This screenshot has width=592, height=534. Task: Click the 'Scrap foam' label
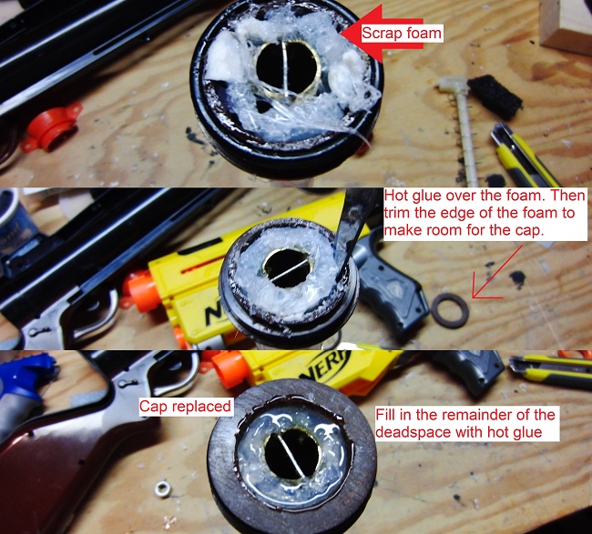click(402, 33)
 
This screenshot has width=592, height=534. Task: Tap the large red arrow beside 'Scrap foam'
click(382, 34)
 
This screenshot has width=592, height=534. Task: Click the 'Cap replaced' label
click(185, 407)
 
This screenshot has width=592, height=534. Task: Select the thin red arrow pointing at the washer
click(497, 272)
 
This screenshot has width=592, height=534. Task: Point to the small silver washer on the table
click(163, 489)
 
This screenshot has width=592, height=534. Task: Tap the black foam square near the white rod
click(495, 97)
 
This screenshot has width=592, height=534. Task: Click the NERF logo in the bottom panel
click(325, 367)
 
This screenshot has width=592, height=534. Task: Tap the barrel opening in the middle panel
click(287, 268)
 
